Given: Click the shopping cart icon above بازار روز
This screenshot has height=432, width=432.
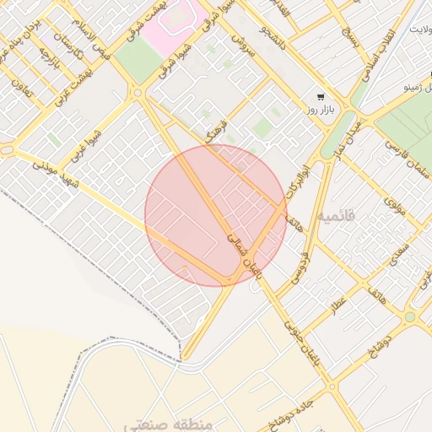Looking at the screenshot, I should click(320, 96).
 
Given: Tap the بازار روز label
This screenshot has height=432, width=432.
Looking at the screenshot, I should click(321, 111).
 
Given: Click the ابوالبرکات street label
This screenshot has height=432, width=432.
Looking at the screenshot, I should click(292, 178).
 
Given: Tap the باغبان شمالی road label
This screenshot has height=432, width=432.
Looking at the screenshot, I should click(244, 254).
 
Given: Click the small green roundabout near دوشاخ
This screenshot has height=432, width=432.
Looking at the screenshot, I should click(409, 317).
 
